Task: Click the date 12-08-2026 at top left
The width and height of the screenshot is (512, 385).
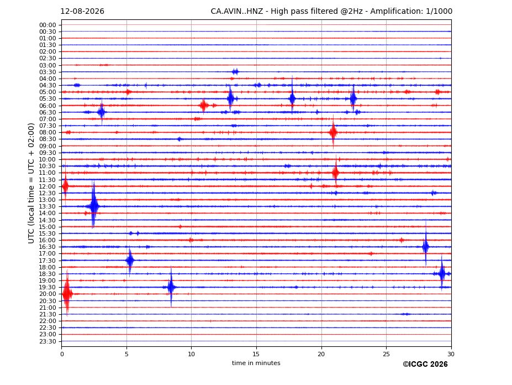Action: pos(82,12)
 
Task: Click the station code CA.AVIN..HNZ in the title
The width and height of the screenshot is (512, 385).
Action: pos(237,12)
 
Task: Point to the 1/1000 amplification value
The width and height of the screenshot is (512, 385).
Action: pos(439,12)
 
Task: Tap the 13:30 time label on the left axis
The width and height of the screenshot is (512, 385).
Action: pos(47,206)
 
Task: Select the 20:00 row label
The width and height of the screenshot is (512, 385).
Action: pos(47,294)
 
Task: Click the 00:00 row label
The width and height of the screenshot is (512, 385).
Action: pos(47,25)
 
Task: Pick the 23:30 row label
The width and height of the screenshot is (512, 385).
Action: pos(47,341)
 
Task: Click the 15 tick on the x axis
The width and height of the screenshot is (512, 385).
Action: pos(256,354)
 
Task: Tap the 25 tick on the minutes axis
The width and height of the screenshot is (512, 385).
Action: pos(386,354)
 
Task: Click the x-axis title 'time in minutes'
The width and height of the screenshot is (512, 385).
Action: pos(256,363)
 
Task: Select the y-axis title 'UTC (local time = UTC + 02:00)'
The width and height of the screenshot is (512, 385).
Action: pos(31,183)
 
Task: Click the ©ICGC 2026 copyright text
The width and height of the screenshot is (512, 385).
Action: pos(425,365)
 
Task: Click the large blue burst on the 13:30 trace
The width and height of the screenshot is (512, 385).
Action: pos(94,205)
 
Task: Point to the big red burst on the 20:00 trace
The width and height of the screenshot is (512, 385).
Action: pos(67,293)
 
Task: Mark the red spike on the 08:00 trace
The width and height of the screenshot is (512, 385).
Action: pos(333,132)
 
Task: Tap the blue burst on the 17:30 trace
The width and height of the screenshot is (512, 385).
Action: pos(130,261)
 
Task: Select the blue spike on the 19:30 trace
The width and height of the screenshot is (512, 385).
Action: pos(171,287)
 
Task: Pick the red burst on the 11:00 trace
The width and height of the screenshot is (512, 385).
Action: pos(336,172)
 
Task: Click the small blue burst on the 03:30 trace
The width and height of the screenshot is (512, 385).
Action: pos(235,72)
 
